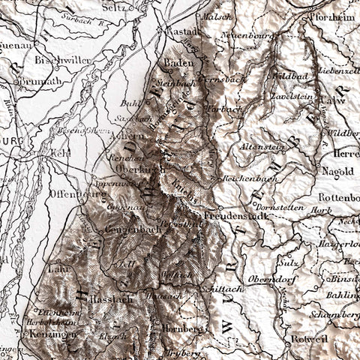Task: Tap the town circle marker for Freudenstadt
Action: click(220, 208)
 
